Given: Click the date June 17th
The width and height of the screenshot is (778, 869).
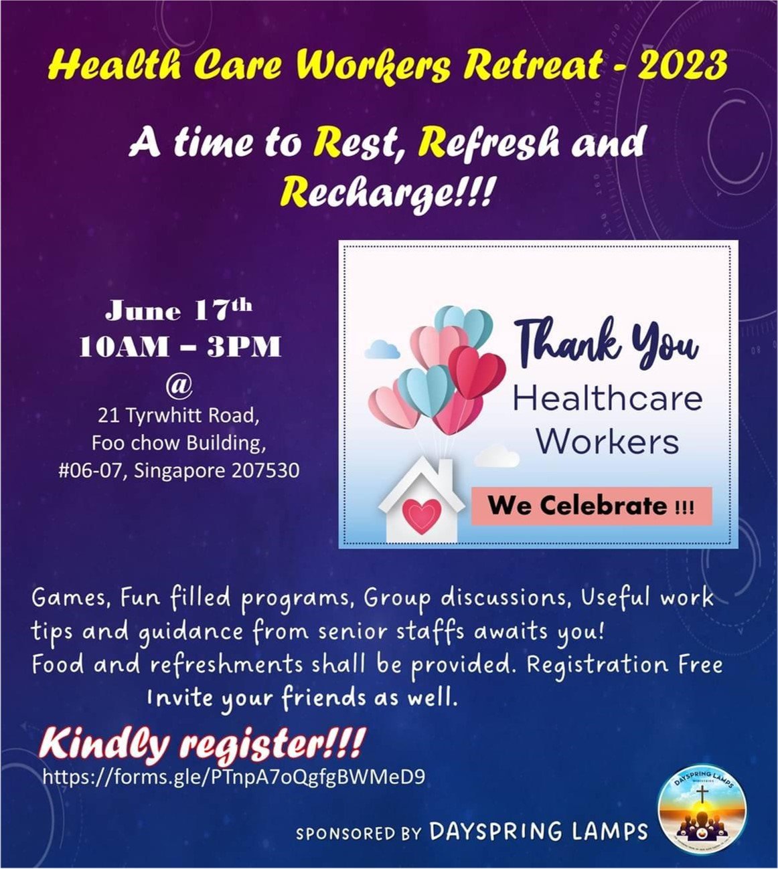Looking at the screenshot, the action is click(179, 310).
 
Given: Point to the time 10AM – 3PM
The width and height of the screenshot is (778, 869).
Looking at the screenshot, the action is click(180, 347).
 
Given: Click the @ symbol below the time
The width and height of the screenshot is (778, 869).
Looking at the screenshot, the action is click(179, 386).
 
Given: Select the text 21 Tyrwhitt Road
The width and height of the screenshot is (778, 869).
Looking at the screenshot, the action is click(178, 415).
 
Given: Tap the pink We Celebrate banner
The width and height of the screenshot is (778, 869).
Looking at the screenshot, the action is click(592, 506).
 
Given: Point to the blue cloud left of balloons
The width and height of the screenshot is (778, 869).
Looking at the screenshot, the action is click(382, 350).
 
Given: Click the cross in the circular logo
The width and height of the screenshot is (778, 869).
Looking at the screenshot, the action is click(702, 795).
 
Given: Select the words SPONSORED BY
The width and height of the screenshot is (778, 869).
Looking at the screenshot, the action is click(358, 834).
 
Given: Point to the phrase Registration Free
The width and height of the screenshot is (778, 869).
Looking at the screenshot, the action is click(624, 665).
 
